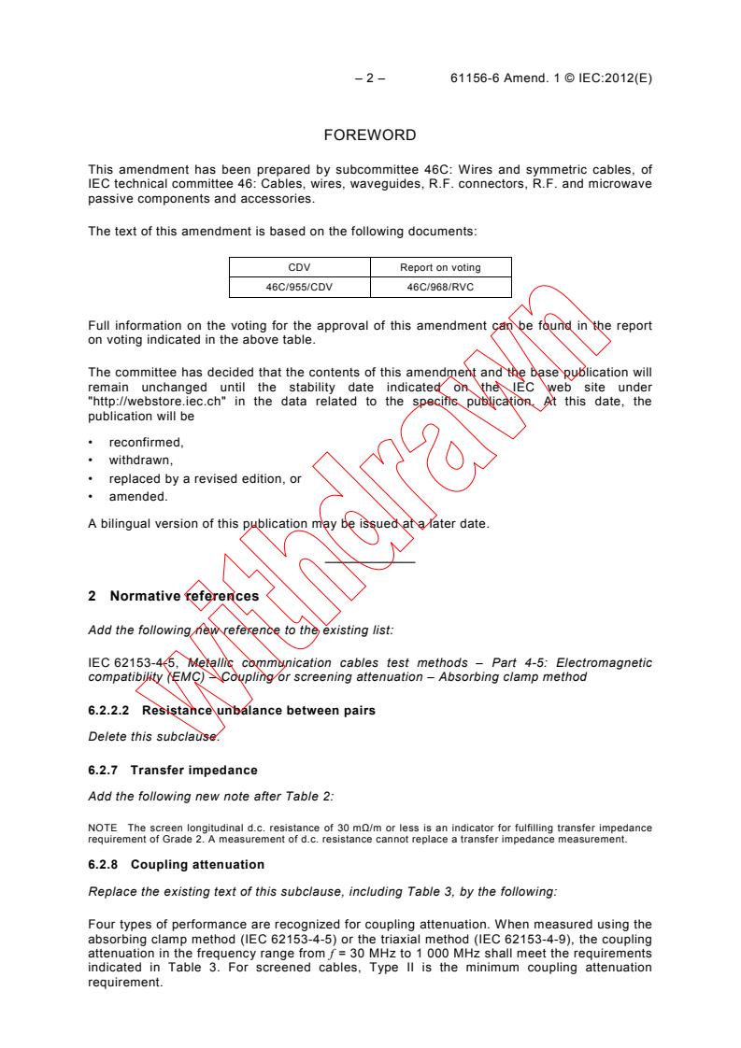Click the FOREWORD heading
(x=369, y=135)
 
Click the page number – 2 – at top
(x=370, y=79)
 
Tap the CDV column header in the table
(x=299, y=268)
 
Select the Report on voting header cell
(x=439, y=268)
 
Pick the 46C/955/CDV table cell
(x=299, y=287)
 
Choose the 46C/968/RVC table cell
(x=439, y=287)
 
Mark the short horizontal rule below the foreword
(x=370, y=562)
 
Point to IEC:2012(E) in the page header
(x=609, y=79)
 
